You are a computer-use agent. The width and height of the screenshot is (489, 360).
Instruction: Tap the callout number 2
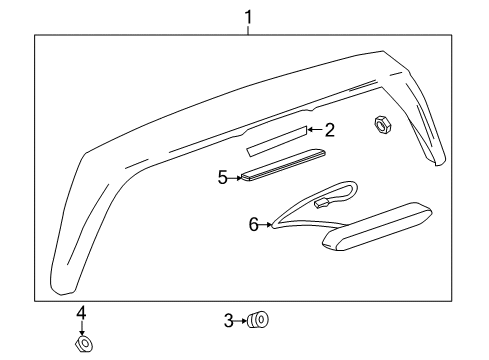328,128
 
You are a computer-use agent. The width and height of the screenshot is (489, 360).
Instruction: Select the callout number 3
228,321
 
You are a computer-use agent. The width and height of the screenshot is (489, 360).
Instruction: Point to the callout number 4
82,312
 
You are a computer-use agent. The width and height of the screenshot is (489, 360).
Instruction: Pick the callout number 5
223,177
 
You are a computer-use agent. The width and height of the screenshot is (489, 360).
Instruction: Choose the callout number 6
253,225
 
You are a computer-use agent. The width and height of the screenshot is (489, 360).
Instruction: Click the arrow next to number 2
314,129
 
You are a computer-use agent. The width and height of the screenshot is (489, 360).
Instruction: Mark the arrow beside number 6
265,226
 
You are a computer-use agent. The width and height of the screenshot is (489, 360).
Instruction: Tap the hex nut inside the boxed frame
381,124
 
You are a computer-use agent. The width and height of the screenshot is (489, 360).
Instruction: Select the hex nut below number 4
84,344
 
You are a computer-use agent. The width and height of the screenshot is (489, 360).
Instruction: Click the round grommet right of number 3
260,321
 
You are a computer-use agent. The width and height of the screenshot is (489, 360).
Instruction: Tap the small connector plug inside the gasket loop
323,203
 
